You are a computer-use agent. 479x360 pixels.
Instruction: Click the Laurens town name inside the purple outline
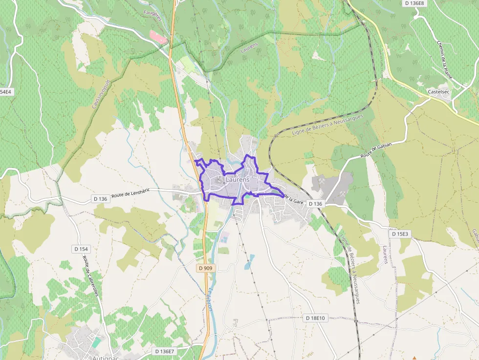coord(238,180)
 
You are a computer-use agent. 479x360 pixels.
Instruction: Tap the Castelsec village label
coord(438,91)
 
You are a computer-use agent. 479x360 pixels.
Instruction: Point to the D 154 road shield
coord(82,249)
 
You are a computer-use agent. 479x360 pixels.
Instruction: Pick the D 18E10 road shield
coord(315,318)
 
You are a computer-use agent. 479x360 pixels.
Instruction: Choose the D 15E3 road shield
coord(399,234)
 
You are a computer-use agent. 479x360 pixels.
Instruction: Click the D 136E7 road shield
coord(164,351)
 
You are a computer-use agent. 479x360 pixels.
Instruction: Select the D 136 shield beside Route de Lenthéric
coord(100,199)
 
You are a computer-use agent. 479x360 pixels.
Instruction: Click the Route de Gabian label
coord(376,148)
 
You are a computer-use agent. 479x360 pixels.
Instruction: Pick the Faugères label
coord(152,15)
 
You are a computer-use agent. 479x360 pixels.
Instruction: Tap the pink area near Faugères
coord(157,37)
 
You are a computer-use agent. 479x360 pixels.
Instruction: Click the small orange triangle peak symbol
coord(414,358)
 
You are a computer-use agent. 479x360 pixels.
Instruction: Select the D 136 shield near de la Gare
coord(316,204)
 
